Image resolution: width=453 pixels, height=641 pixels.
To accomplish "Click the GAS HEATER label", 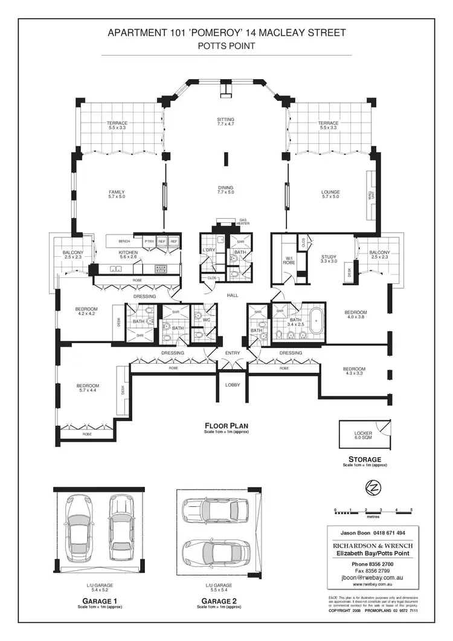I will [243, 222].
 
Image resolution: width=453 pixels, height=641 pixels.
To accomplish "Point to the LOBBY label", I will [233, 384].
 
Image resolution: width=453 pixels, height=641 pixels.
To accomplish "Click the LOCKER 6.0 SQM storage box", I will [363, 436].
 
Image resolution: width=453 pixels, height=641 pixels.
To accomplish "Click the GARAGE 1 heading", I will [100, 601].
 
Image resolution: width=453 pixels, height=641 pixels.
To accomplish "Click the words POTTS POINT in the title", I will [226, 45].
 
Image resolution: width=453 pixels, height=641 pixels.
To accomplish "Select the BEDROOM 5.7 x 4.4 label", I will [88, 388].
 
